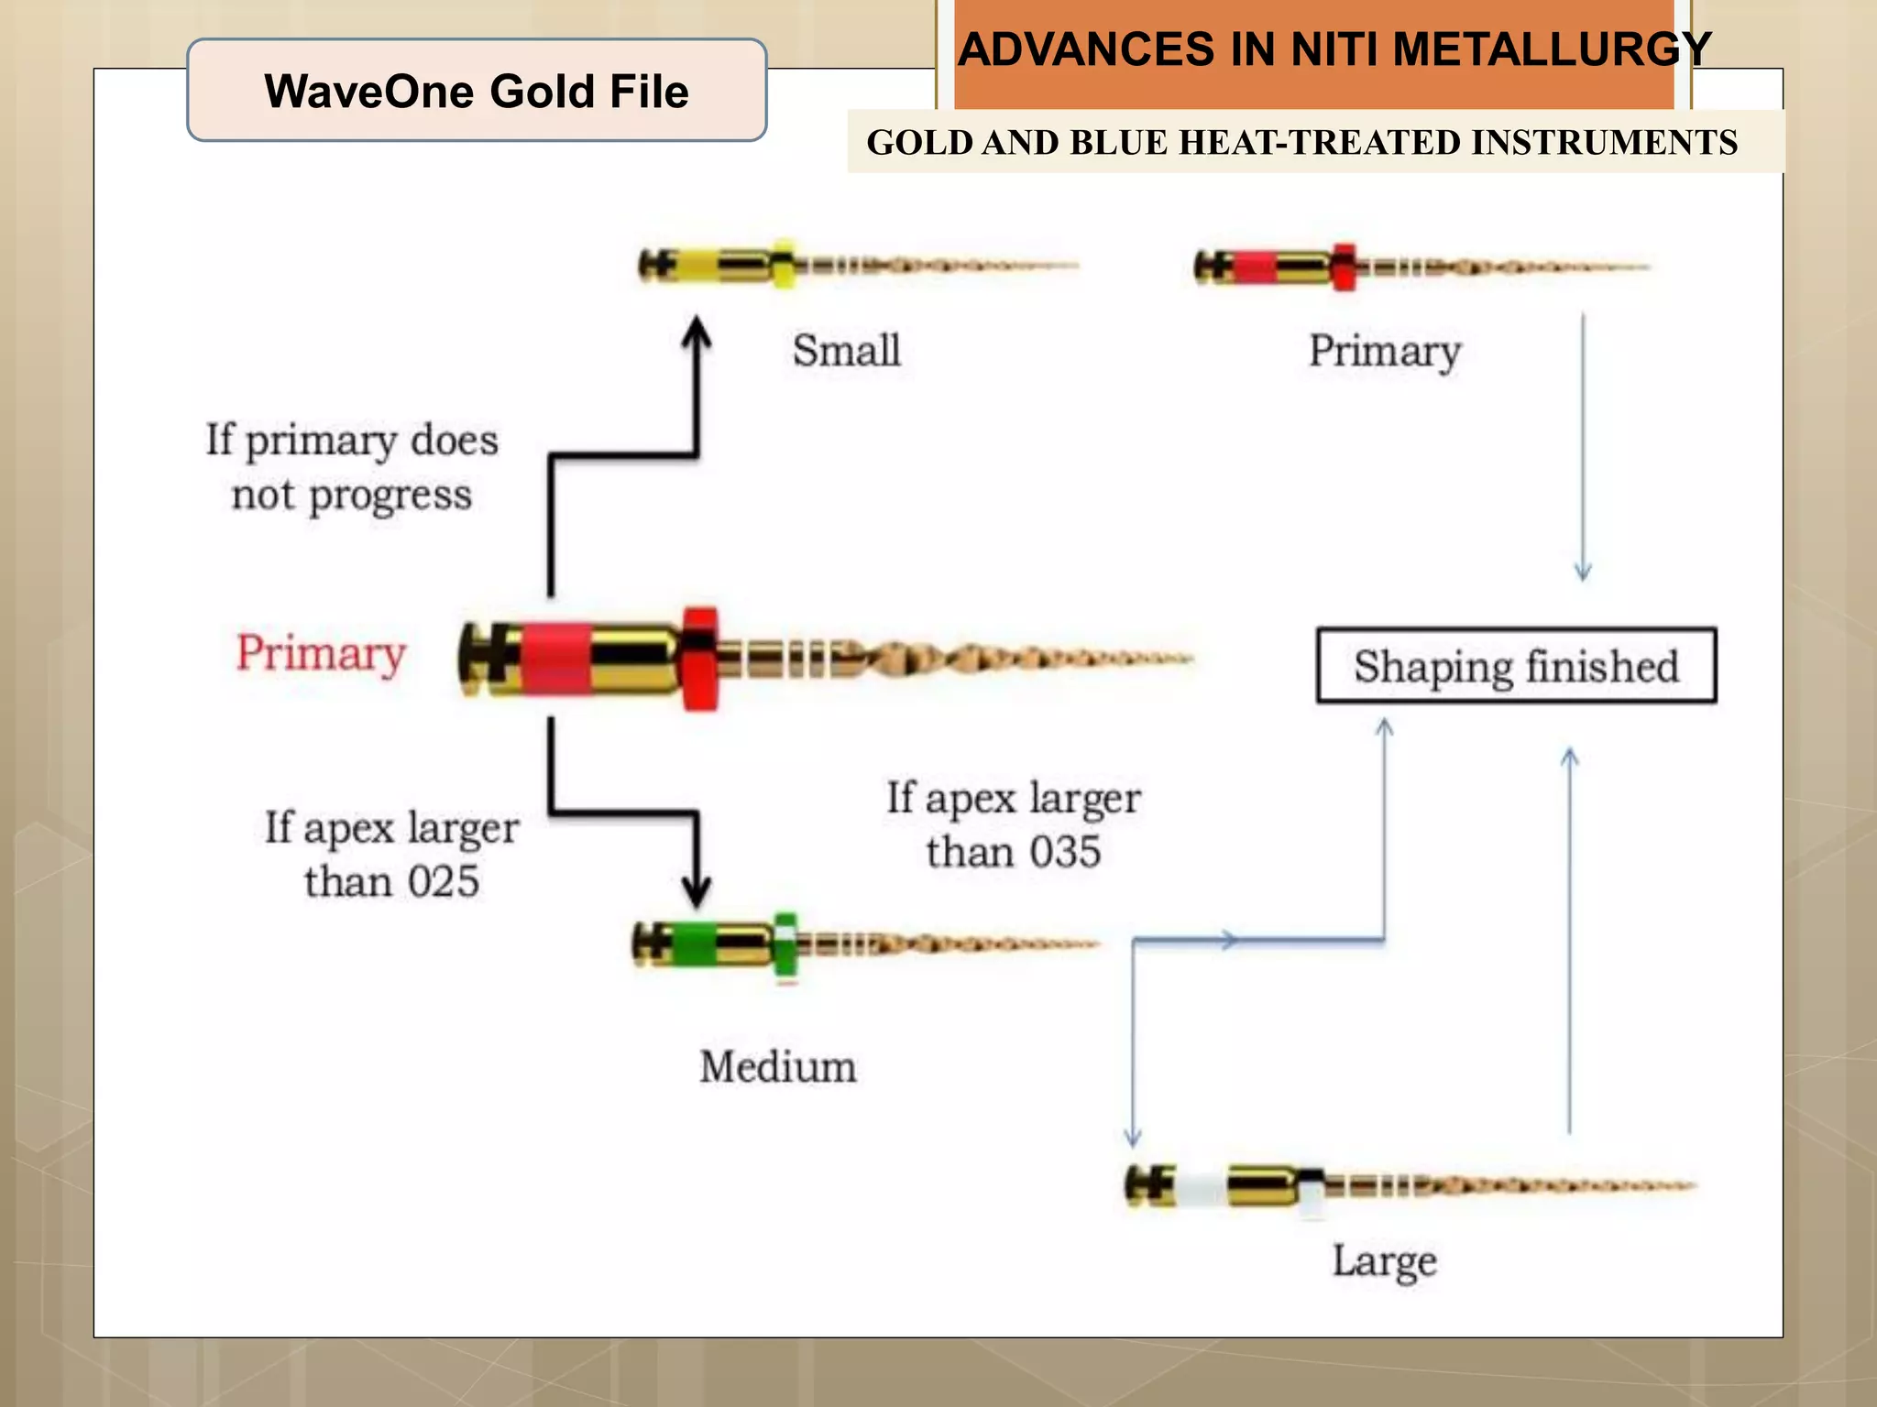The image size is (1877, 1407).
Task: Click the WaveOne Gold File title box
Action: [x=477, y=91]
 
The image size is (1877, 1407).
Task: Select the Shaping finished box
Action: [x=1516, y=666]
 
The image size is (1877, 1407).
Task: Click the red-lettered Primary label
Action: [x=321, y=653]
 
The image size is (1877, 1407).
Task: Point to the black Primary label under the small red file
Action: [x=1384, y=351]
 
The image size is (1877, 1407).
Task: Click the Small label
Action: [x=846, y=351]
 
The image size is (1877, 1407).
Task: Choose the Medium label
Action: [x=778, y=1067]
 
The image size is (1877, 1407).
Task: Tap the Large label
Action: [x=1384, y=1261]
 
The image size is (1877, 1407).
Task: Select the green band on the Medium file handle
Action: [x=695, y=944]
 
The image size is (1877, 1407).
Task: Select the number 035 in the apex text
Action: [x=1064, y=853]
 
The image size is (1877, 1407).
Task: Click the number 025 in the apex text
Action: [x=443, y=882]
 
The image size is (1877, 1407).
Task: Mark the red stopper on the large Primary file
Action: [x=700, y=658]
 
